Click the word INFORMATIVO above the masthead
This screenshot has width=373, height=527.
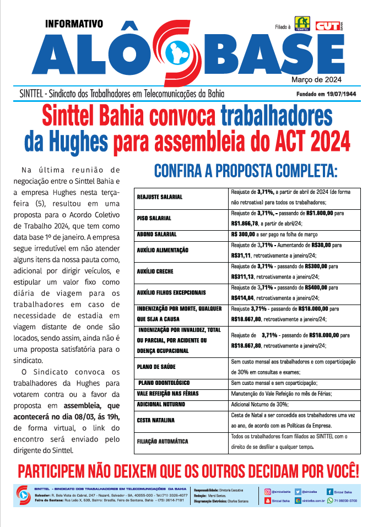point(74,24)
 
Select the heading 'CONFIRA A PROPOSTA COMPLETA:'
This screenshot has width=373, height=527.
point(245,170)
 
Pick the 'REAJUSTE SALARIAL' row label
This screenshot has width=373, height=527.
point(160,197)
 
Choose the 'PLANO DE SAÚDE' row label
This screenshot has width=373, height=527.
point(156,366)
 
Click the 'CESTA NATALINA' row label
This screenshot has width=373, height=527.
point(156,421)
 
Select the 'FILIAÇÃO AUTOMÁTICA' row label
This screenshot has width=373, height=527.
point(163,442)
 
